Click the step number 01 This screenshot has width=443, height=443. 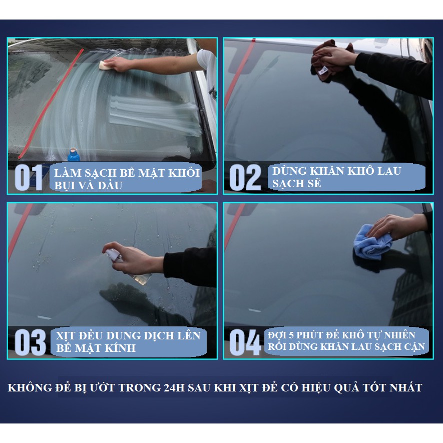click(29, 177)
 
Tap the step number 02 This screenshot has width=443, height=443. click(245, 177)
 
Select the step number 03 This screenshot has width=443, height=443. click(30, 342)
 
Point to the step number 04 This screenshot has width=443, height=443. click(245, 342)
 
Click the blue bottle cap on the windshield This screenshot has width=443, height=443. click(74, 155)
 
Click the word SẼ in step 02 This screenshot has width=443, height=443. click(312, 184)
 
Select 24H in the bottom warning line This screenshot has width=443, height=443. click(174, 387)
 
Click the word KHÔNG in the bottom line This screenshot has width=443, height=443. click(30, 387)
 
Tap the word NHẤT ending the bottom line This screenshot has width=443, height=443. click(405, 387)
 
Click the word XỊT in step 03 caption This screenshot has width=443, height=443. click(65, 336)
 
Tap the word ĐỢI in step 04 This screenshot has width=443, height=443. click(277, 335)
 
